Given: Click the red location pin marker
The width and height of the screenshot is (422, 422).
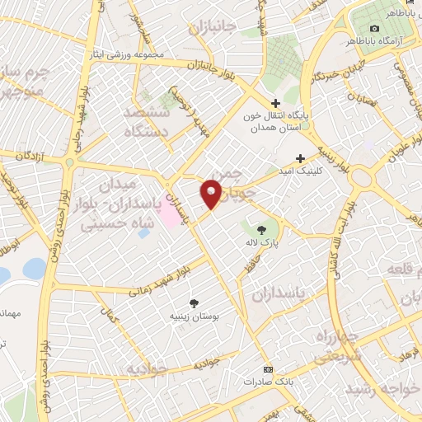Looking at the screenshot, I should coord(212,194).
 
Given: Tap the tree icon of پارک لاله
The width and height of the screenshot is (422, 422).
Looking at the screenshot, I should coord(261,229).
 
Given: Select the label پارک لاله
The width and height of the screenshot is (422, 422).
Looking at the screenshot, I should coord(262,245).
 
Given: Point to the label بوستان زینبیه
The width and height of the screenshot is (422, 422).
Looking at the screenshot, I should coord(195,316).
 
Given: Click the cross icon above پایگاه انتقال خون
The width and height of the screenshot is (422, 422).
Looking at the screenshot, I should coord(276,103).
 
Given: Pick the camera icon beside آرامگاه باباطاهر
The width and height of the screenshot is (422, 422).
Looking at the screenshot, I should coord(374,29).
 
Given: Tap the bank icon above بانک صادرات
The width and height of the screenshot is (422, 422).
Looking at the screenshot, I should coord(266,368).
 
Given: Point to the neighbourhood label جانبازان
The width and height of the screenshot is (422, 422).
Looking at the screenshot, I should coord(212,29).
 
